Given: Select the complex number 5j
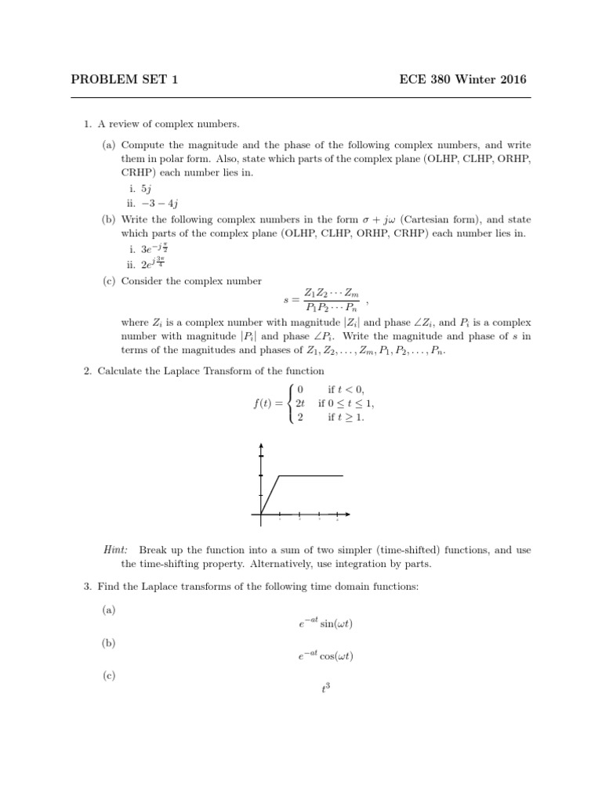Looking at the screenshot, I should coord(146,189).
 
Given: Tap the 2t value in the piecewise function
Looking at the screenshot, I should coord(300,403).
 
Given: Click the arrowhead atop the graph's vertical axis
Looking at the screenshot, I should coord(261,446).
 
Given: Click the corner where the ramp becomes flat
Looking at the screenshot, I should coord(280,475).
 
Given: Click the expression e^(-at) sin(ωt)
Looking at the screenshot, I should coord(321,623).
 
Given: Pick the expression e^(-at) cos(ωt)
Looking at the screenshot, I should coord(321,656).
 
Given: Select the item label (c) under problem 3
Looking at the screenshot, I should coord(108,675).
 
